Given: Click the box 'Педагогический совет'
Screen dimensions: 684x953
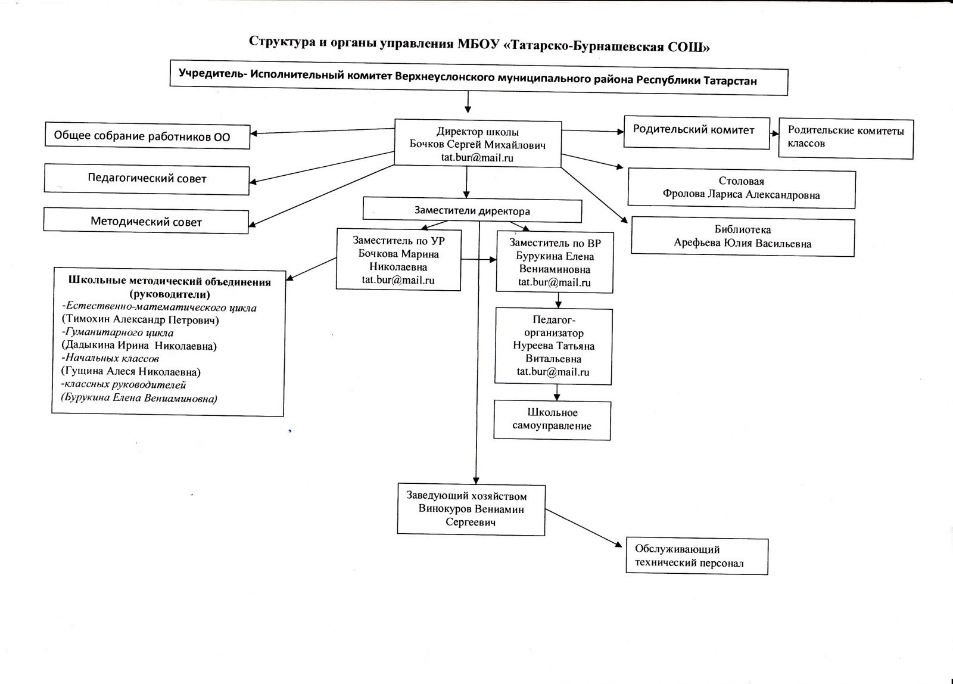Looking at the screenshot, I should [147, 178].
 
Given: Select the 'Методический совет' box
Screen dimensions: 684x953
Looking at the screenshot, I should [146, 222].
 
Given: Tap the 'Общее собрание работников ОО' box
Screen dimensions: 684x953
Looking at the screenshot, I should [147, 136].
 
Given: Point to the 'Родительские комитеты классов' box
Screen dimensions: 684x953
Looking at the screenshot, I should [845, 137].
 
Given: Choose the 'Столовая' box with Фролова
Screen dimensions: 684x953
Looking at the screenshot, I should [741, 188].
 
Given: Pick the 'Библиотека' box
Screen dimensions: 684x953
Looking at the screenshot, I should [742, 237].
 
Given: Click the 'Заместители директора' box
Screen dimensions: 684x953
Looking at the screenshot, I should [472, 211].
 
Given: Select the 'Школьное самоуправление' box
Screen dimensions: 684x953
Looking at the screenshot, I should [552, 419].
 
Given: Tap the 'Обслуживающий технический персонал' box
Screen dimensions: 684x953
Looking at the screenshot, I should [696, 556].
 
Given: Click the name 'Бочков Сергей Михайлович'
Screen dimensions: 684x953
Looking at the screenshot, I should [477, 145].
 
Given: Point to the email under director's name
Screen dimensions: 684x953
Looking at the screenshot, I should [477, 158].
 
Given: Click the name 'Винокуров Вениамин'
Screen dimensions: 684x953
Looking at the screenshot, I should [471, 509].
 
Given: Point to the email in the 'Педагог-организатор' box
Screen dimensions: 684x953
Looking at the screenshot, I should [553, 372].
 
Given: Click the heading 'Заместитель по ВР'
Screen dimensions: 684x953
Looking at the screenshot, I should [555, 243].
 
